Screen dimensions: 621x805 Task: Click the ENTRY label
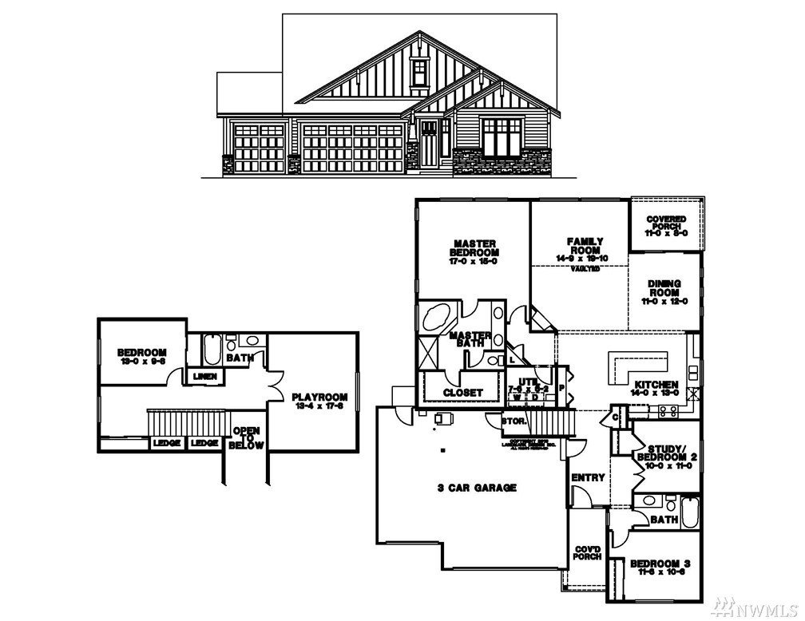588,477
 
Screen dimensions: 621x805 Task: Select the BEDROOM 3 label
660,566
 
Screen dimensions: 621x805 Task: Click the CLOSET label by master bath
462,393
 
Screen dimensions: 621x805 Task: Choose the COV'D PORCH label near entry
588,553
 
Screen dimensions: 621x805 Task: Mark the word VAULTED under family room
585,270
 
